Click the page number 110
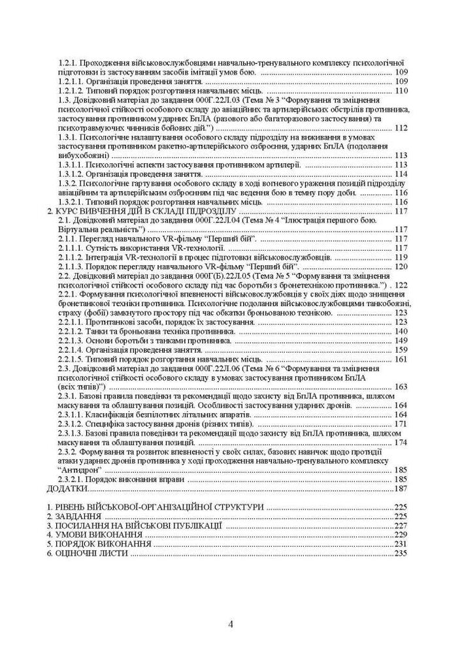click(x=401, y=91)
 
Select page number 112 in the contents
click(x=401, y=128)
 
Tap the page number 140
click(x=401, y=332)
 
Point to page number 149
click(x=401, y=341)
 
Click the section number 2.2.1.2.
click(x=74, y=332)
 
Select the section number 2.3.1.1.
click(x=74, y=415)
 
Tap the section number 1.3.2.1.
click(x=74, y=202)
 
